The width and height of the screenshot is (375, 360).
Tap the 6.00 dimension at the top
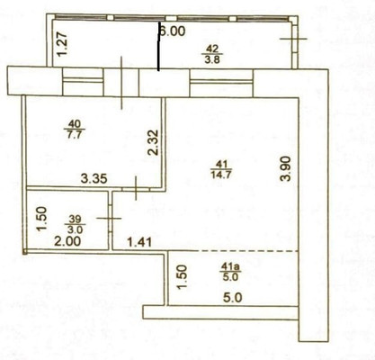(x=172, y=30)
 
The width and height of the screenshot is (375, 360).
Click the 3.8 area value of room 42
(x=212, y=60)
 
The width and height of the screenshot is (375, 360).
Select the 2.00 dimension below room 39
(x=62, y=241)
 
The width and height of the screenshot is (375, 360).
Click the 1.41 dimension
(x=140, y=240)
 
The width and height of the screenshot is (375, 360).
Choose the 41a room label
(x=231, y=267)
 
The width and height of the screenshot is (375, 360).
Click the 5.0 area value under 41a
(x=232, y=278)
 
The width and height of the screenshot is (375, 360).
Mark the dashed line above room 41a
(x=234, y=250)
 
